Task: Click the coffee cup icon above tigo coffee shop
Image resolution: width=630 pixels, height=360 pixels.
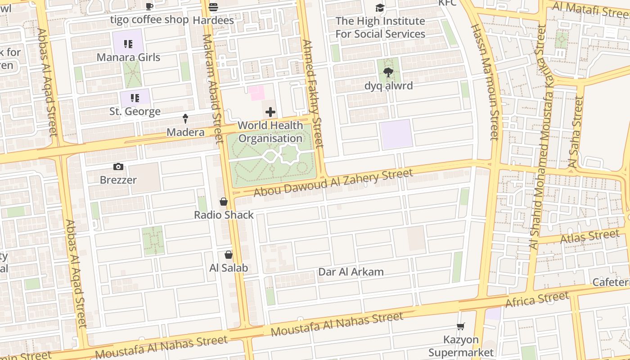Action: tap(149, 6)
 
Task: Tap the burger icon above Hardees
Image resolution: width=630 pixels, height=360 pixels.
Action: tap(213, 7)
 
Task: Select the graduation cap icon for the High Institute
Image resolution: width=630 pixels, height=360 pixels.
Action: tap(380, 8)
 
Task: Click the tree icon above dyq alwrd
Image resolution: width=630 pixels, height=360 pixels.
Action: tap(388, 72)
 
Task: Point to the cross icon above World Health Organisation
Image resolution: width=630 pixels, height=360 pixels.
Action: tap(270, 112)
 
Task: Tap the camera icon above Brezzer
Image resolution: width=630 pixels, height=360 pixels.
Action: tap(118, 167)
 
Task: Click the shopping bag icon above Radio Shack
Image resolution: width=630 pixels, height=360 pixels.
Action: tap(224, 202)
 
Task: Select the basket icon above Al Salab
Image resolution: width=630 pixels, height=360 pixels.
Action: tap(229, 255)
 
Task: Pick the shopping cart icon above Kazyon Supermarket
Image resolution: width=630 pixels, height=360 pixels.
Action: tap(460, 327)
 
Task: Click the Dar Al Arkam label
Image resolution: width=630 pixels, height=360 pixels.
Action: tap(351, 272)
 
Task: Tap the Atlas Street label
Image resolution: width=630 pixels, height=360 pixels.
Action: tap(589, 236)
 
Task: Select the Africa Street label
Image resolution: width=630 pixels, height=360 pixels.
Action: tap(537, 300)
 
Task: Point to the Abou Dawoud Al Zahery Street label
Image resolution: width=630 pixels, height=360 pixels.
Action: tap(333, 183)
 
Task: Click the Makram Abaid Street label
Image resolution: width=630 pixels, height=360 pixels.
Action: tap(213, 89)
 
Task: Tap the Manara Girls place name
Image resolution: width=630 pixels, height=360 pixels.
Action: tap(129, 57)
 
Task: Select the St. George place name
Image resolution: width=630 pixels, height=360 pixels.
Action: tap(135, 111)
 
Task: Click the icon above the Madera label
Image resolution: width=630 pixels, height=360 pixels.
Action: tap(185, 119)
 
